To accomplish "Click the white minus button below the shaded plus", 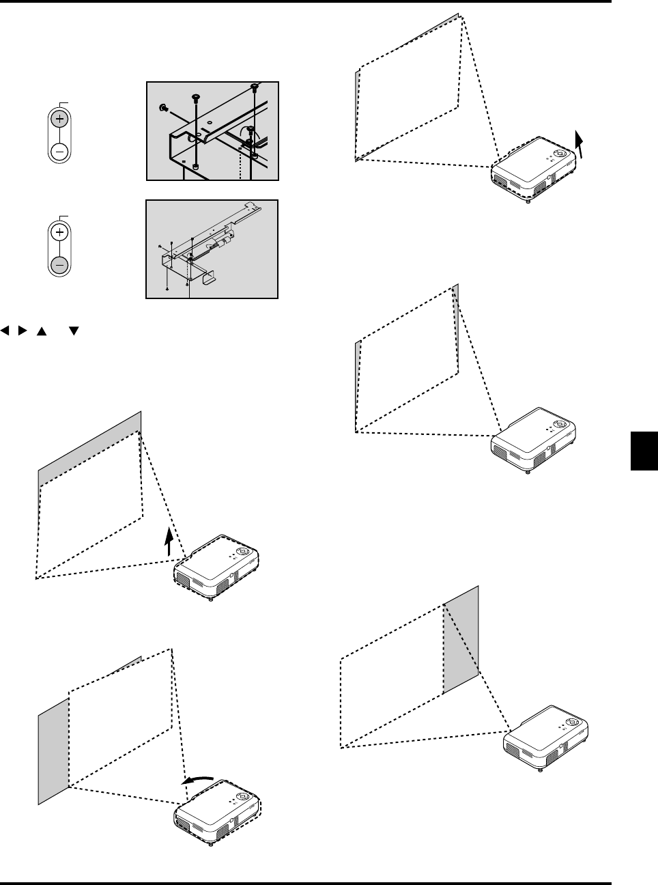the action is (59, 151).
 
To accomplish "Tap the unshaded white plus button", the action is (59, 233).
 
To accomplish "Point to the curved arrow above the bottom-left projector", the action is (199, 780).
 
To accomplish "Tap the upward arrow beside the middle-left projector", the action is (169, 544).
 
